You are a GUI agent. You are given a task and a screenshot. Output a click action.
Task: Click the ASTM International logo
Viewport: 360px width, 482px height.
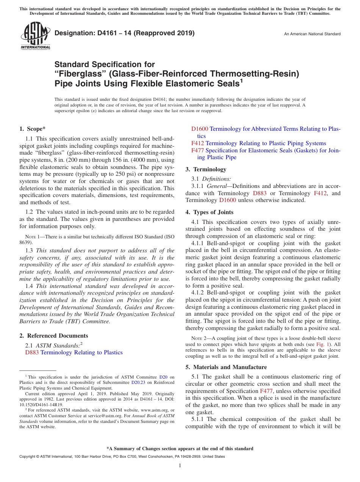[35, 36]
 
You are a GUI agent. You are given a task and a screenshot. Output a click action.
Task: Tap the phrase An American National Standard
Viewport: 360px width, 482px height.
[312, 34]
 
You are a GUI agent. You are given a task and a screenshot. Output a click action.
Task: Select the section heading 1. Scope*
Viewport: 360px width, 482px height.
[33, 129]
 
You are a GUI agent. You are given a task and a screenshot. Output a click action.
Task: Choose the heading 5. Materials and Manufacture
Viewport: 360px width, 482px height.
[226, 367]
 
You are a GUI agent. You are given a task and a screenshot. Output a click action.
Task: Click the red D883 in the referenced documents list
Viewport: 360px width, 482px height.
[32, 352]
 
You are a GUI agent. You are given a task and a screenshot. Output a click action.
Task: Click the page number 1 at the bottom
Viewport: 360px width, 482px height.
[180, 465]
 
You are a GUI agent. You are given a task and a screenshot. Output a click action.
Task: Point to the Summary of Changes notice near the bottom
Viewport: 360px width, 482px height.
[180, 449]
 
